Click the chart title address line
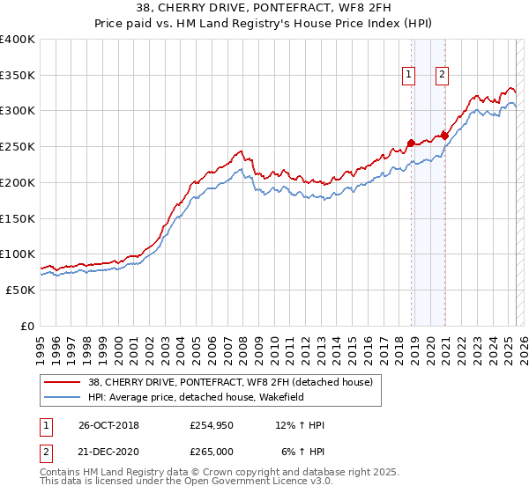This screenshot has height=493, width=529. click(x=265, y=9)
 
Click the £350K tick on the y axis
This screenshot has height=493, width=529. click(x=18, y=76)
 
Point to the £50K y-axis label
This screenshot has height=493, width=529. click(x=21, y=290)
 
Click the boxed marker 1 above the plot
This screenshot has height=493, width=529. click(x=410, y=76)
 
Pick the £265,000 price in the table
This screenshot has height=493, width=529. click(x=212, y=451)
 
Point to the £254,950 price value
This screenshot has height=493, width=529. click(x=212, y=425)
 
